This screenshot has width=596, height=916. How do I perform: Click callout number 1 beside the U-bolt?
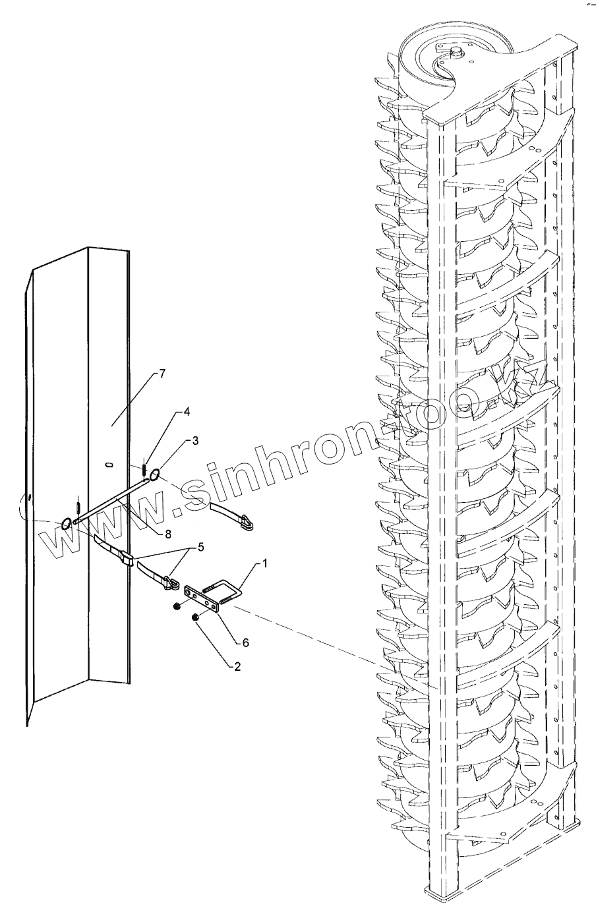coord(265,563)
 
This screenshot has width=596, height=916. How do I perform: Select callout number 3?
coord(195,440)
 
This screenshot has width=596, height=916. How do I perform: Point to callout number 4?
coord(187,412)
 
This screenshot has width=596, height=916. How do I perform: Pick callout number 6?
coord(245,642)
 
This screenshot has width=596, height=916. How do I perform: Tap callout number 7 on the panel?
coord(162,373)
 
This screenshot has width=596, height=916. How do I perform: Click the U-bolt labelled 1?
coord(227,587)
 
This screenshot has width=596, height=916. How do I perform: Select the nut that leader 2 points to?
coord(195,617)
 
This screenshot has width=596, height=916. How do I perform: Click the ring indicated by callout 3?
coord(156,474)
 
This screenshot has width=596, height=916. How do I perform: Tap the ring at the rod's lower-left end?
coord(67,524)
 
